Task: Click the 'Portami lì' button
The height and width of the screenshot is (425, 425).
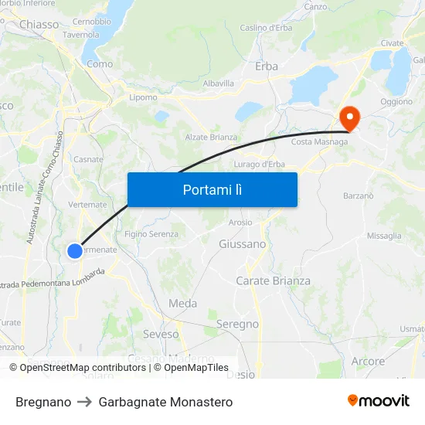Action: point(212,189)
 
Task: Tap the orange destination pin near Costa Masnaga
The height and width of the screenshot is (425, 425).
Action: point(349,117)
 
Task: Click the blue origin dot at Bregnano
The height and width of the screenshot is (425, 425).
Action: point(74,250)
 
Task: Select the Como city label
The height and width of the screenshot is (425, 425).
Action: point(100,64)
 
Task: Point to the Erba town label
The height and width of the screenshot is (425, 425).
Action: point(267,66)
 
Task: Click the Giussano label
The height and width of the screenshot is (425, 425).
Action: point(243,244)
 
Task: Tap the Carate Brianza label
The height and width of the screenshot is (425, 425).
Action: point(273,280)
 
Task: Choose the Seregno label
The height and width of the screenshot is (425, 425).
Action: point(237,325)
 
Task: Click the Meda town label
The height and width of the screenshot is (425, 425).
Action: point(183,304)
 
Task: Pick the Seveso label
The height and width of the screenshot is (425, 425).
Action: point(161,335)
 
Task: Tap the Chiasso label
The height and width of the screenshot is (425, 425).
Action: point(39,25)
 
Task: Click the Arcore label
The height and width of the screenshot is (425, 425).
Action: point(368,361)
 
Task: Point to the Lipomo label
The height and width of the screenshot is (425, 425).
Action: point(144,97)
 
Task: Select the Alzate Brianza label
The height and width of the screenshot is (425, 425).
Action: point(211,137)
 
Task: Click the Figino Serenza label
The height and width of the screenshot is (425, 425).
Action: point(151,234)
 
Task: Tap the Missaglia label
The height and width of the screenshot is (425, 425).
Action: point(384,236)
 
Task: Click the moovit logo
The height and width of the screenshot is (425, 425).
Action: point(379,401)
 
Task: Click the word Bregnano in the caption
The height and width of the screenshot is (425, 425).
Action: point(43,402)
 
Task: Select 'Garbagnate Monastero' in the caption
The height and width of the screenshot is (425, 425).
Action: point(165,402)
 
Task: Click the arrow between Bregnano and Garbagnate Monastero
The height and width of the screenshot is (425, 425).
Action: point(85,402)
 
